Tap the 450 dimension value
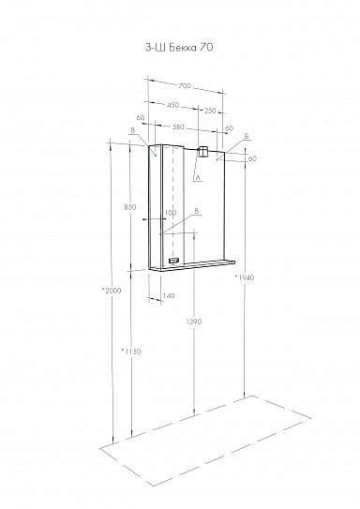pos(173,105)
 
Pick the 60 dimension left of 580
pos(139,118)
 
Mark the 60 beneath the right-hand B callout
pos(252,158)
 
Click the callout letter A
pos(199,176)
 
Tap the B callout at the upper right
pos(247,137)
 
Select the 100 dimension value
pos(170,213)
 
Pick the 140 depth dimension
pos(169,296)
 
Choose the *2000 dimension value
pos(112,292)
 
